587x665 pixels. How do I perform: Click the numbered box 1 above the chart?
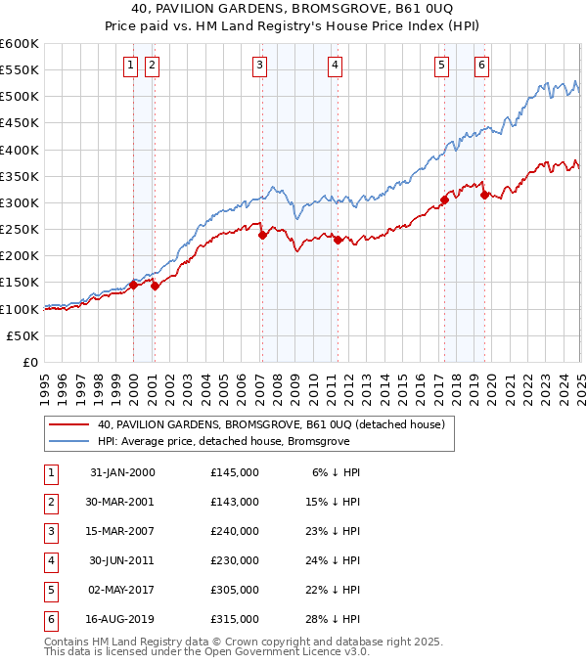pyautogui.click(x=130, y=66)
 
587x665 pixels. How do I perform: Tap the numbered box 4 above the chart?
pyautogui.click(x=335, y=66)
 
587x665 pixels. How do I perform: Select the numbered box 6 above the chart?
pyautogui.click(x=482, y=66)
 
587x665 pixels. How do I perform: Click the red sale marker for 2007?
pyautogui.click(x=262, y=235)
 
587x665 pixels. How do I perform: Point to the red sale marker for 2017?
pyautogui.click(x=444, y=199)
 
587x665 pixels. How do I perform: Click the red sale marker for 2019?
pyautogui.click(x=484, y=195)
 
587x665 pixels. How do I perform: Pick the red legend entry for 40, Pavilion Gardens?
pyautogui.click(x=271, y=424)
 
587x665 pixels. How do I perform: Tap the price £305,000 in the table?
pyautogui.click(x=235, y=590)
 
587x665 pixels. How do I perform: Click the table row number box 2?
pyautogui.click(x=50, y=502)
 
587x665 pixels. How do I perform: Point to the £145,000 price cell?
pyautogui.click(x=235, y=472)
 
